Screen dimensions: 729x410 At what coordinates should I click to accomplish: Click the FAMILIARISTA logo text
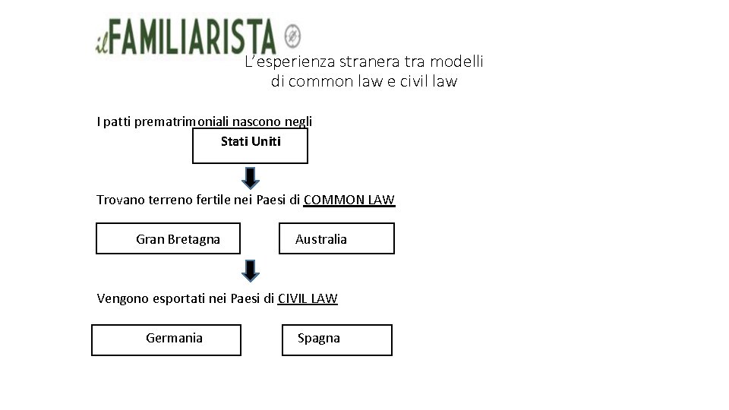pyautogui.click(x=194, y=36)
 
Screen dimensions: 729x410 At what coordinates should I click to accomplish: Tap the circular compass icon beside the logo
pyautogui.click(x=292, y=35)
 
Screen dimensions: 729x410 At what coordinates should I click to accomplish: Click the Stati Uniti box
pyautogui.click(x=250, y=146)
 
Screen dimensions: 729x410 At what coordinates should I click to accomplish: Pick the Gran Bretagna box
pyautogui.click(x=168, y=238)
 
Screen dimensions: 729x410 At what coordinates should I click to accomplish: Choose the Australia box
pyautogui.click(x=336, y=238)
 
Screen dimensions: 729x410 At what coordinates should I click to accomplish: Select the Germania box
pyautogui.click(x=166, y=339)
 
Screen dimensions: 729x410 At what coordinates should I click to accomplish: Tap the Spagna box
pyautogui.click(x=336, y=339)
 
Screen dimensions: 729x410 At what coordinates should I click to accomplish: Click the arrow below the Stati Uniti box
pyautogui.click(x=251, y=177)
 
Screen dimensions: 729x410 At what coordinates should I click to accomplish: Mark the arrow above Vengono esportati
pyautogui.click(x=251, y=270)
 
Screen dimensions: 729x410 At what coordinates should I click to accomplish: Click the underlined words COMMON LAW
pyautogui.click(x=349, y=200)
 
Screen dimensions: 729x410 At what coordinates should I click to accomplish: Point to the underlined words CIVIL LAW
pyautogui.click(x=308, y=298)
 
